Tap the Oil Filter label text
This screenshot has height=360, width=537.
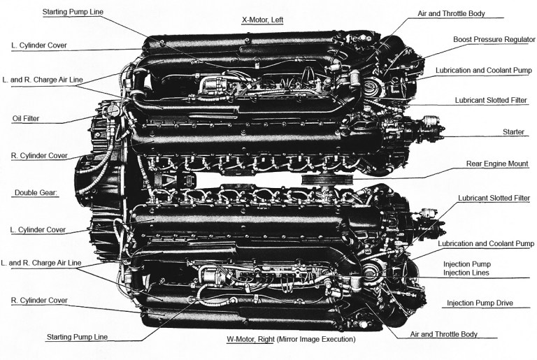pos(26,118)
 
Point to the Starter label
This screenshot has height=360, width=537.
pos(514,131)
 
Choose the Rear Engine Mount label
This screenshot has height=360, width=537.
pos(497,164)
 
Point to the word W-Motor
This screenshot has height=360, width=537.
pos(241,339)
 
